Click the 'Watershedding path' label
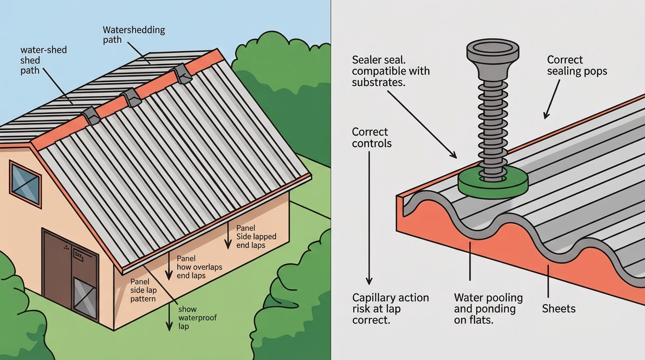134,35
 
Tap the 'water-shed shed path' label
44,60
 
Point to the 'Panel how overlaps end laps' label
199,267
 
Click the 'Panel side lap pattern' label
143,290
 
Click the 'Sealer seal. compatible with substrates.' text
390,71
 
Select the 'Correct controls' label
371,137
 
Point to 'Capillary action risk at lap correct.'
390,309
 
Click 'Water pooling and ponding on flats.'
488,309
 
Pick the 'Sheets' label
558,309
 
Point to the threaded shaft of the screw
492,127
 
